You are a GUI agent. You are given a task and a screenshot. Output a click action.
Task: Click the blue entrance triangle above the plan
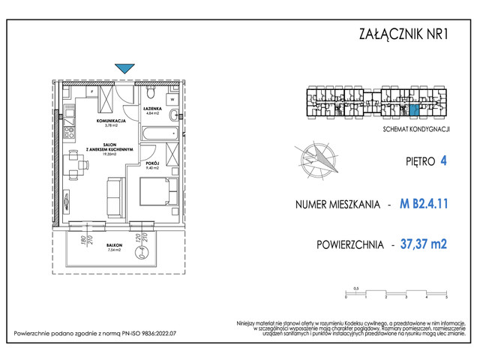124,68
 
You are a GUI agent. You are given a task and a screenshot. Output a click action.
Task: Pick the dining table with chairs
73,164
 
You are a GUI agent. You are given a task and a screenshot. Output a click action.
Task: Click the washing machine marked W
172,97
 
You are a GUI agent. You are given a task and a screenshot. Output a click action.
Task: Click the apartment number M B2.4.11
428,204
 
